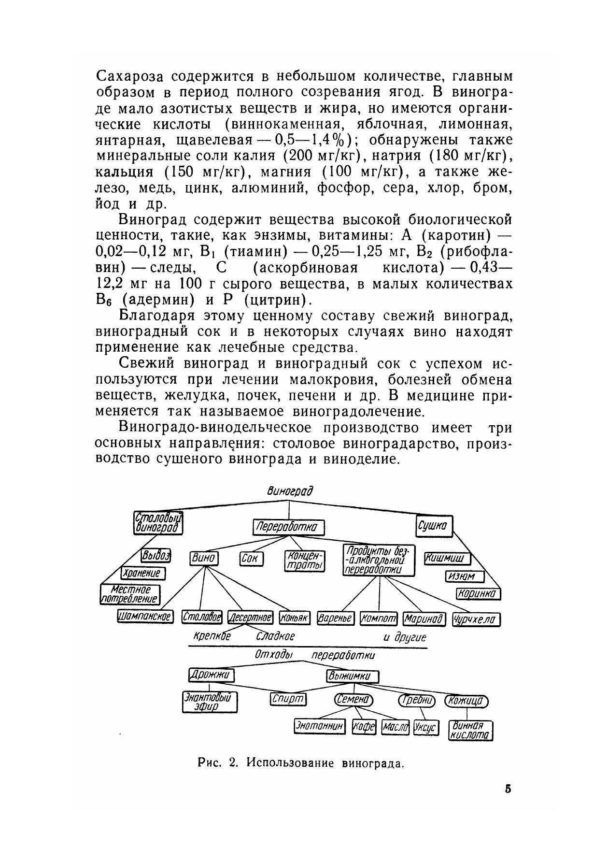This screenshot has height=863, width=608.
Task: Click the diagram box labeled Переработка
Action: (x=289, y=527)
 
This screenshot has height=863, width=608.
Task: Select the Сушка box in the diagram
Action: (x=435, y=526)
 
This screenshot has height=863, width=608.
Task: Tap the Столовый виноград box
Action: (x=158, y=523)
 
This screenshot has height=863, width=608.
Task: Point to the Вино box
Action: (x=204, y=559)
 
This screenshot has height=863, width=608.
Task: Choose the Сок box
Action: (x=251, y=560)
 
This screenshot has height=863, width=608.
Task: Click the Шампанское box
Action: (x=145, y=617)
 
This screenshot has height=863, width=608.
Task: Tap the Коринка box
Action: (x=478, y=594)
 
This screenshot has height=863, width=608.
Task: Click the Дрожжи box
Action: (x=211, y=675)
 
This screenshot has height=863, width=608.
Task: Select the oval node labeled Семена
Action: (x=353, y=700)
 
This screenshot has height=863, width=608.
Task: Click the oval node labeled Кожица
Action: (x=467, y=701)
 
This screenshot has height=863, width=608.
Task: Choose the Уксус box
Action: (x=426, y=727)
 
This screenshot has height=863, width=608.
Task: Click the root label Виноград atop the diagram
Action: (x=290, y=491)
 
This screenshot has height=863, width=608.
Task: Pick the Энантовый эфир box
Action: (x=211, y=702)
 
